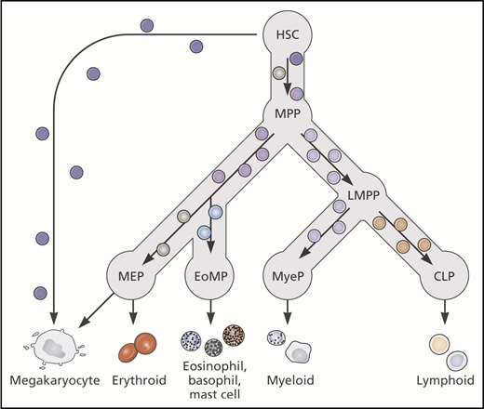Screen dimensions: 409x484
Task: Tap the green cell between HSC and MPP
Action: tap(278, 73)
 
